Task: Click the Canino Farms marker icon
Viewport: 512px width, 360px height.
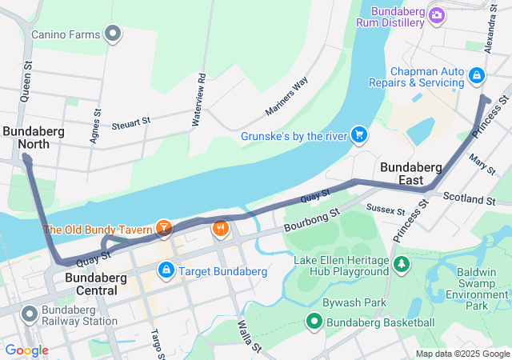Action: coord(113,34)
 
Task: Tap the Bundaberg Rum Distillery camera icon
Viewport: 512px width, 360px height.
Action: coord(436,14)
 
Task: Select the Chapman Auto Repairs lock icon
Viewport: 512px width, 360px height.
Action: coord(476,75)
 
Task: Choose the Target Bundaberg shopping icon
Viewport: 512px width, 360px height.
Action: coord(166,270)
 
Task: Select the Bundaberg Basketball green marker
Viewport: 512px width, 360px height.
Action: coord(314,322)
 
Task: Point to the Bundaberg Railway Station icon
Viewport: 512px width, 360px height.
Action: coord(30,314)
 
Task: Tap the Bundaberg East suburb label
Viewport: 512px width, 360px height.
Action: coord(411,174)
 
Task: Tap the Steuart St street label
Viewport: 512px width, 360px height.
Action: coord(131,122)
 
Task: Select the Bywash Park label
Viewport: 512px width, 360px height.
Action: coord(354,303)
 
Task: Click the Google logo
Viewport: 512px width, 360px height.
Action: coord(26,350)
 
